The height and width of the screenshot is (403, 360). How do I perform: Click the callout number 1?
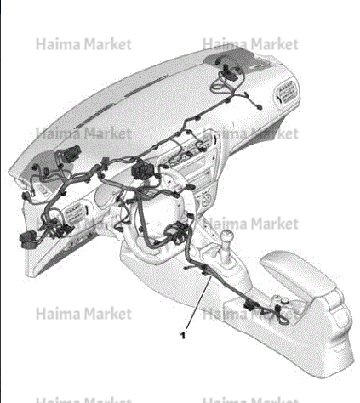tap(183, 336)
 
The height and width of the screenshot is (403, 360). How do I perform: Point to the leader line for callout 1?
tap(198, 303)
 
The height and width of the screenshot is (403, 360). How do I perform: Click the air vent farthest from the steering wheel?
tap(287, 94)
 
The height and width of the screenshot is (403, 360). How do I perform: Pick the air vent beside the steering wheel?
tap(76, 213)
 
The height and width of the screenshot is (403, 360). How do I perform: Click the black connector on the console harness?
tap(249, 305)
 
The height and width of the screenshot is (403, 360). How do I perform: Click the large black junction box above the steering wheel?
tap(143, 169)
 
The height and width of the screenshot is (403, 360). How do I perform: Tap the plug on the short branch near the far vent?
tap(259, 107)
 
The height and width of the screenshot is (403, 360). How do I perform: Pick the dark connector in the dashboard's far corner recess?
tap(230, 71)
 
